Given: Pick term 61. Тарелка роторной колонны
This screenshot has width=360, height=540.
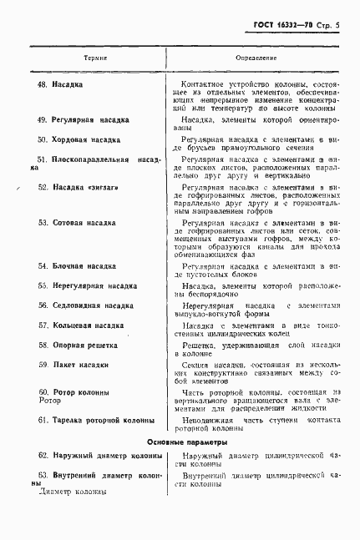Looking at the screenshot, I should coord(94,421).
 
